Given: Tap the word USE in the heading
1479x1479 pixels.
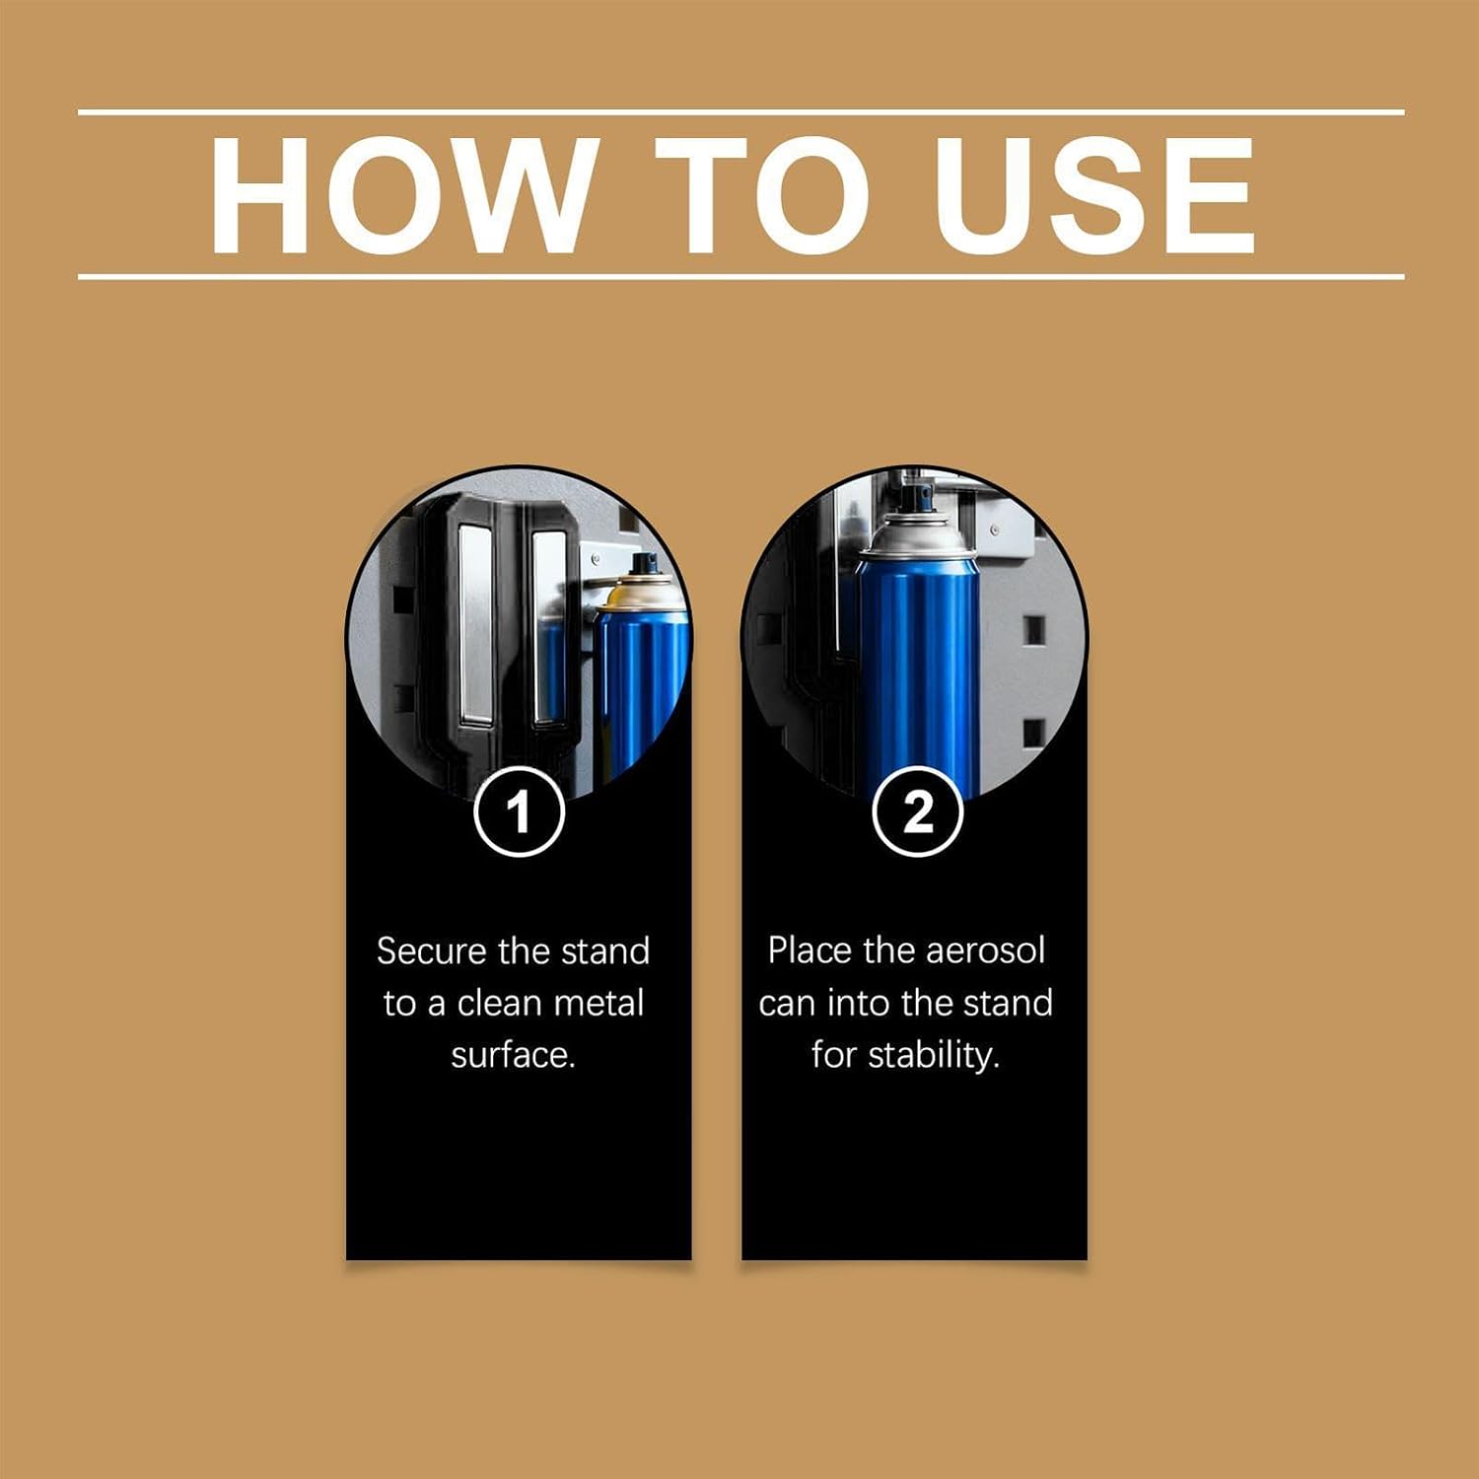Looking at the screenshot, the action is [1094, 194].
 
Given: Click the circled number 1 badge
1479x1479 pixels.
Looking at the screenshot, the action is [519, 811].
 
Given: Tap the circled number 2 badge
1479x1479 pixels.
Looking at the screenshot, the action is [917, 811].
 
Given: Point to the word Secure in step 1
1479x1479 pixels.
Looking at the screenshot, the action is [432, 951].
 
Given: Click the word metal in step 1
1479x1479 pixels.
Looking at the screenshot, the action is [599, 1004].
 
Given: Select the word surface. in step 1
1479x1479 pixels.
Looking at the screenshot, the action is [513, 1056].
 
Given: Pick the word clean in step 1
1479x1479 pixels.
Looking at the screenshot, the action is [499, 1004].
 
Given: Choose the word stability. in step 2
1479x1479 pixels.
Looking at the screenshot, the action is [935, 1056].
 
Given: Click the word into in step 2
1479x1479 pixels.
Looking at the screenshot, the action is [859, 1004].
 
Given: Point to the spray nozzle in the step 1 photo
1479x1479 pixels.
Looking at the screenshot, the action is [645, 565].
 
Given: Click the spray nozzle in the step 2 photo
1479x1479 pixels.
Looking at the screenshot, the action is [915, 490].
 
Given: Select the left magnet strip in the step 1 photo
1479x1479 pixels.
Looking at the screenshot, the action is [475, 625].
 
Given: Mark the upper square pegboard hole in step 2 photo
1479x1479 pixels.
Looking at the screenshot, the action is [1033, 629].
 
